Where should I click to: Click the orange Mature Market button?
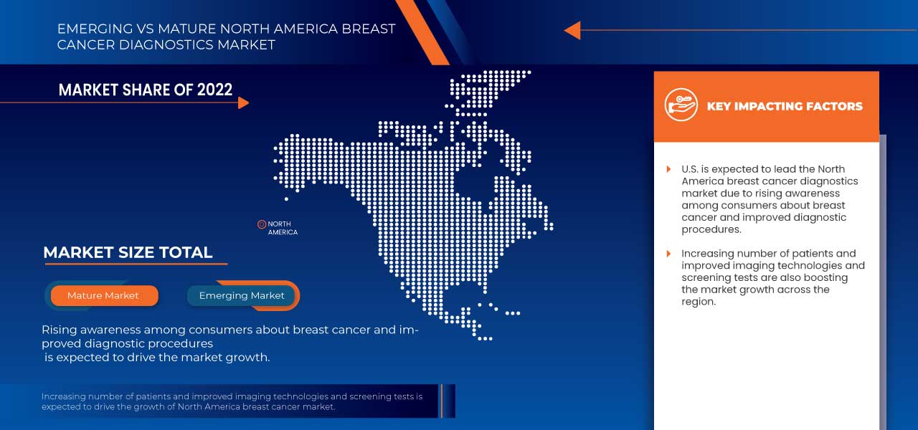104,295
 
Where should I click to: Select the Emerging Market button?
242,295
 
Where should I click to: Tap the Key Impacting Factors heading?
785,106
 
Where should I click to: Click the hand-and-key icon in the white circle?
681,105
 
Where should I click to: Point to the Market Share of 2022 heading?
146,90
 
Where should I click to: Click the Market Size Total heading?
128,252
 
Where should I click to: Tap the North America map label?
283,228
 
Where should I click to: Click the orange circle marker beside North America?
262,224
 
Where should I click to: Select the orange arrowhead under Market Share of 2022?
243,102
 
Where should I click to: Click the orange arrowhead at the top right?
572,30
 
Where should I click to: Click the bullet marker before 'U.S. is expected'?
668,169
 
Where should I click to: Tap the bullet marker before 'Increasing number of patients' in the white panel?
668,254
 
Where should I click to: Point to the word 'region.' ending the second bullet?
699,302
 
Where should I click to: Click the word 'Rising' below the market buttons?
59,330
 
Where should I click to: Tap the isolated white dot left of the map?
286,199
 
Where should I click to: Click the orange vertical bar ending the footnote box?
443,401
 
